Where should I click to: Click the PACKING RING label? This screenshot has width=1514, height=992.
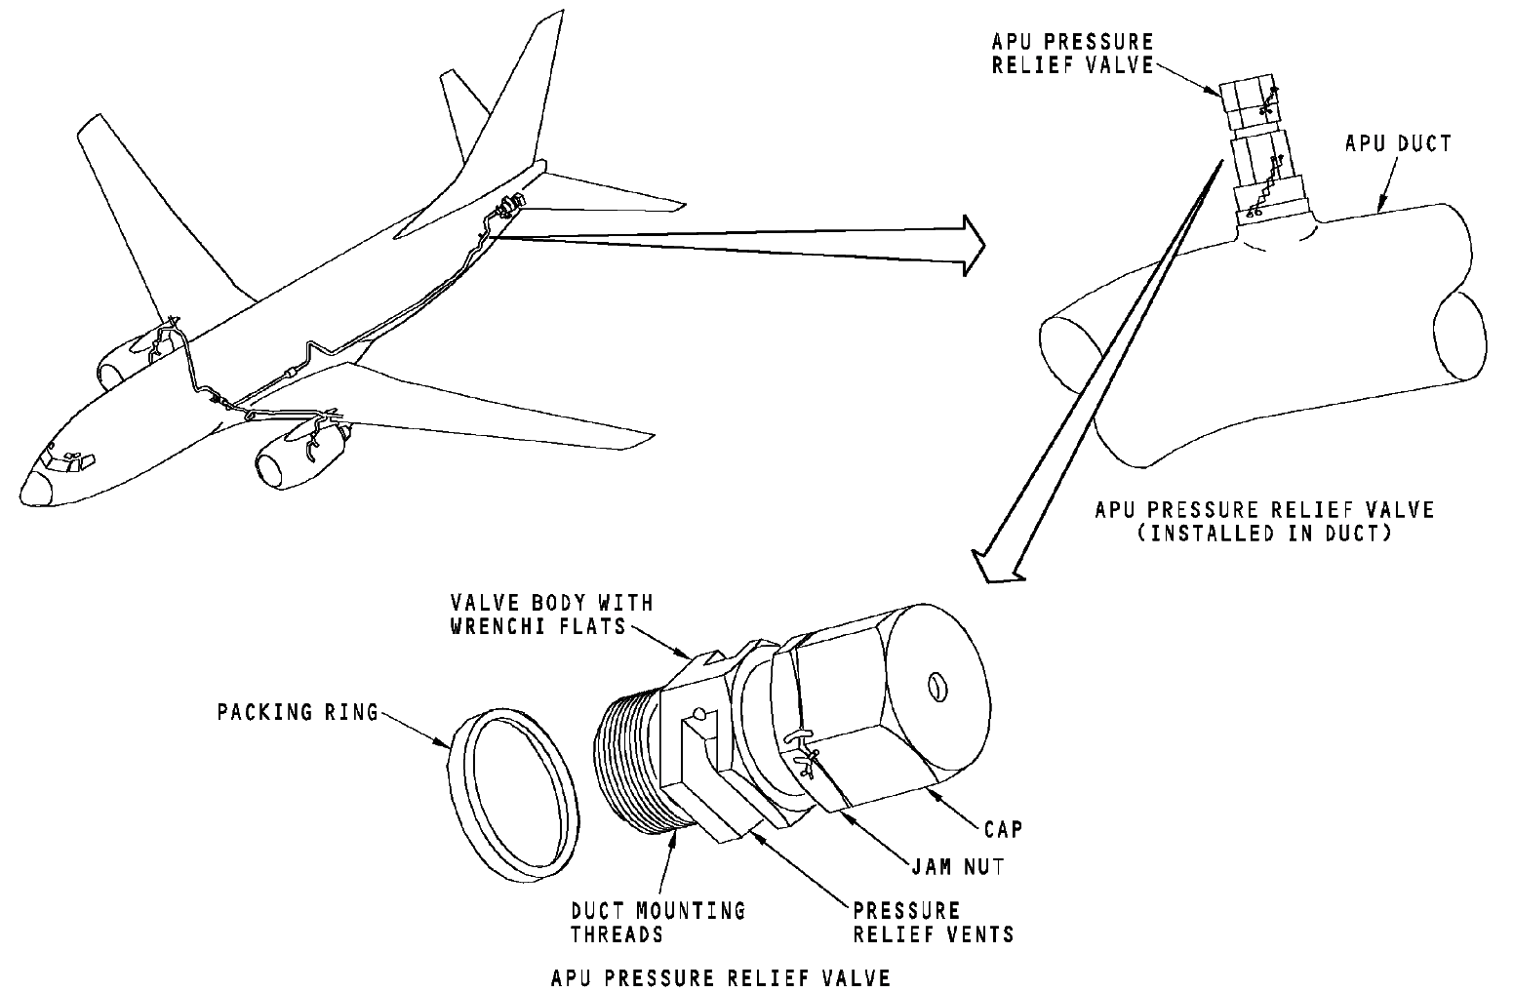point(298,712)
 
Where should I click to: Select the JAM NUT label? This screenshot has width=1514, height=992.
point(958,867)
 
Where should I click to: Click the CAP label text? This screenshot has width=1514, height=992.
point(1003,829)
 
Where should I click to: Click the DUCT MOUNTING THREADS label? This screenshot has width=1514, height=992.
point(658,923)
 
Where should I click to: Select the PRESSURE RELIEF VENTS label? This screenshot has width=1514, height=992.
point(934,923)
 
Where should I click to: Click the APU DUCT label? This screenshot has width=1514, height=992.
point(1398,144)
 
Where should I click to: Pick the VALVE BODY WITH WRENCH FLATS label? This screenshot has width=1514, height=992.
point(552,615)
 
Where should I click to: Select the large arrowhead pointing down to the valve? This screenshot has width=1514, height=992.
point(998,567)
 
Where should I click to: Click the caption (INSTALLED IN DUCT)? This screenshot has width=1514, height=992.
point(1264,534)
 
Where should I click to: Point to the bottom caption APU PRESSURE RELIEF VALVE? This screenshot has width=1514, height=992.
point(721,977)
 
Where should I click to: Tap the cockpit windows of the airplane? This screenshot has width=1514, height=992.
point(66,461)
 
